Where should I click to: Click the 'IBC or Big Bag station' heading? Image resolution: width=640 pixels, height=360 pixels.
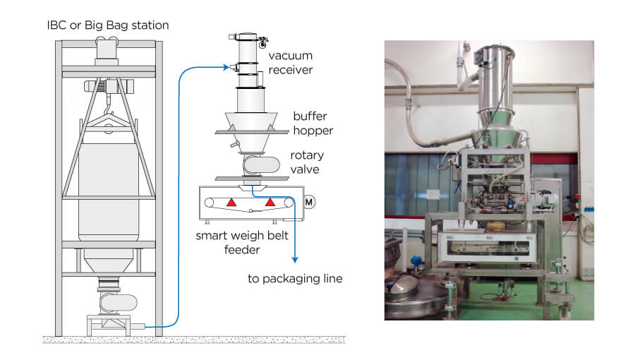click(x=108, y=25)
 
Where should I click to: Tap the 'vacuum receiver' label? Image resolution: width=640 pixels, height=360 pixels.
click(x=291, y=63)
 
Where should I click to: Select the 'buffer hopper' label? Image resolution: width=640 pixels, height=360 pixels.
click(x=313, y=124)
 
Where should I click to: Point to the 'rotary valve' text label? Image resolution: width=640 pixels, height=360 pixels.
click(x=307, y=162)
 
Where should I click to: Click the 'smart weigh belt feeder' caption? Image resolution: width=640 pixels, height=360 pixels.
click(x=242, y=242)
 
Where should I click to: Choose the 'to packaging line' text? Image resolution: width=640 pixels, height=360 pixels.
click(x=295, y=279)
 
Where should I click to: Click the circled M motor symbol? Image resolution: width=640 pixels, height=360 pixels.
click(x=309, y=202)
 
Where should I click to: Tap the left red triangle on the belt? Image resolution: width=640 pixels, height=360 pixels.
click(x=231, y=202)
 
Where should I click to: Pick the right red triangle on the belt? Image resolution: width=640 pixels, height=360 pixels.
click(x=270, y=202)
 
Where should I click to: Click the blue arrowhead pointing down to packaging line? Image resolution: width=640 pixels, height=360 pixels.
click(x=295, y=260)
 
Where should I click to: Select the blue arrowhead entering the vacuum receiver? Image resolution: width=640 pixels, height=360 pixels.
click(x=226, y=67)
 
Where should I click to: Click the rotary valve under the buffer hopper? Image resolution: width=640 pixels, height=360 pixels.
click(x=261, y=165)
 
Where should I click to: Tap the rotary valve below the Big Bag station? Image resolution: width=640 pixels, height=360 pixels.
click(x=119, y=304)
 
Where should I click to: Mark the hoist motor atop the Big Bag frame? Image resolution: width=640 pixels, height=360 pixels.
click(x=109, y=86)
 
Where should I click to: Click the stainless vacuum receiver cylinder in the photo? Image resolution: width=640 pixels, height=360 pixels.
click(x=495, y=82)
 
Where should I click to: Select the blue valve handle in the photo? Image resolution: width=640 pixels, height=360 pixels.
click(x=416, y=260)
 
